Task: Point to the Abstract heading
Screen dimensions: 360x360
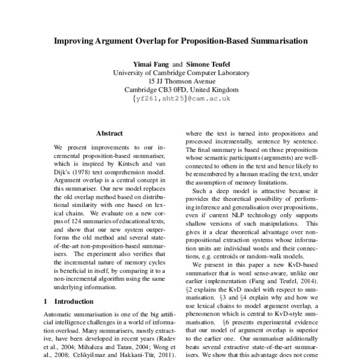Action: pos(109,133)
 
